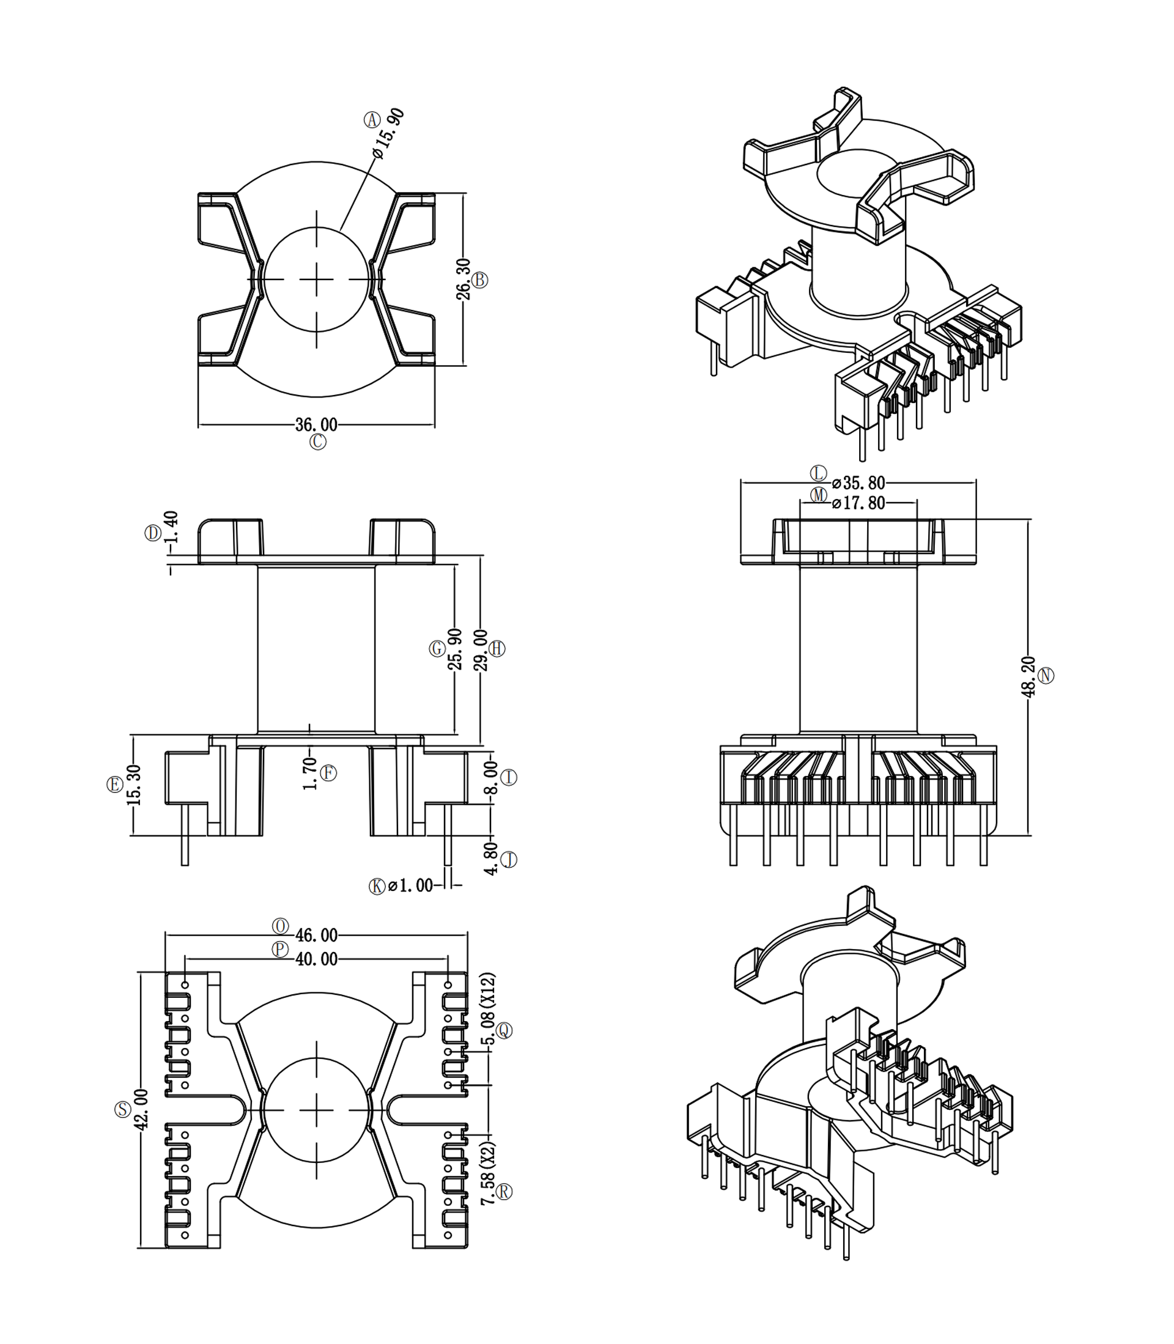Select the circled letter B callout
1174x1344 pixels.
(x=480, y=279)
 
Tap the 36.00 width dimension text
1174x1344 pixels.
(x=317, y=424)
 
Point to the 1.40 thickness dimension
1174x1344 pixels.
(x=171, y=527)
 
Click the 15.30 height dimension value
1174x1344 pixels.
(x=135, y=785)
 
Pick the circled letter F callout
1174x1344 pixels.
(x=328, y=773)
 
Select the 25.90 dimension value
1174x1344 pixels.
(x=455, y=649)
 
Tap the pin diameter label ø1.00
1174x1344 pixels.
(x=410, y=886)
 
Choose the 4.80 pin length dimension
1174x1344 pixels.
(x=490, y=858)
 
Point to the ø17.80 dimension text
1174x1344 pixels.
(x=858, y=503)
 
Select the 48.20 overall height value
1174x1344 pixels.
(x=1028, y=676)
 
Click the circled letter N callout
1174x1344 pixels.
(x=1046, y=676)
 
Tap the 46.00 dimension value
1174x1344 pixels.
(x=317, y=935)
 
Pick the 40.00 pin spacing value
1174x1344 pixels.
(x=317, y=959)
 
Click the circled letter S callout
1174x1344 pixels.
(x=122, y=1110)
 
